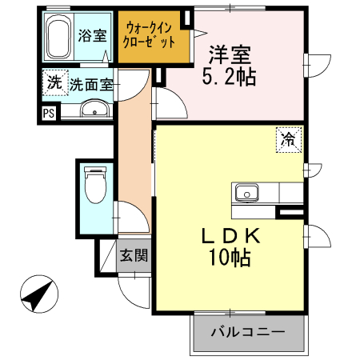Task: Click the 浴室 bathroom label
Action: (x=92, y=35)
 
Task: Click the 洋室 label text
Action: (x=231, y=55)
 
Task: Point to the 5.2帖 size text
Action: (x=231, y=78)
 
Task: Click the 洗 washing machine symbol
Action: (x=54, y=82)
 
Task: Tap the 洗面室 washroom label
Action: (x=90, y=83)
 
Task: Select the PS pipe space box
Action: (x=49, y=113)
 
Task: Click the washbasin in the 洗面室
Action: (x=94, y=110)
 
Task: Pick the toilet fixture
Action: (x=94, y=186)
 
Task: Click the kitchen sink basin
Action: (x=246, y=192)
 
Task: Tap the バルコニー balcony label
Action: (x=248, y=331)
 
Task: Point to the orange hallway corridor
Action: (x=133, y=160)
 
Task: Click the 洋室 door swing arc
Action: (x=166, y=102)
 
